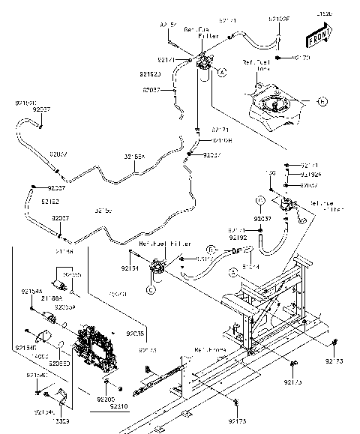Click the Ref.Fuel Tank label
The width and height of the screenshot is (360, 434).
[254, 66]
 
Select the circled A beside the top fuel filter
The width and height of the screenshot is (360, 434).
[223, 72]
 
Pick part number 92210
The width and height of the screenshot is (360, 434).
[118, 406]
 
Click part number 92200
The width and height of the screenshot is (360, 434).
[106, 399]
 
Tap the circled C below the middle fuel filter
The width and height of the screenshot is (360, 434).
[150, 289]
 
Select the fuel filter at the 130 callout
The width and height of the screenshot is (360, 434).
[286, 204]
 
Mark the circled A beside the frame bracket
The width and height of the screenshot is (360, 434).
[233, 275]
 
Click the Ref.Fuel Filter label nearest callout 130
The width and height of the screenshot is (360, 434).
[323, 207]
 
